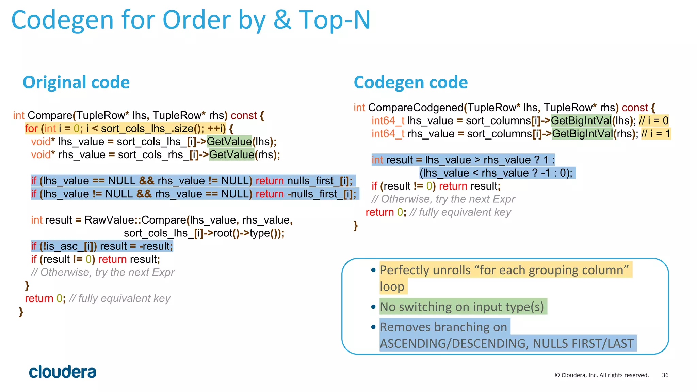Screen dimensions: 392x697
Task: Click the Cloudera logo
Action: tap(62, 372)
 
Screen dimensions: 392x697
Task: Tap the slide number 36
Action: tap(665, 375)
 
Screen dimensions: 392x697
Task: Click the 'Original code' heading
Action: tap(76, 82)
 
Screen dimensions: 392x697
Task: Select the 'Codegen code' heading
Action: tap(411, 82)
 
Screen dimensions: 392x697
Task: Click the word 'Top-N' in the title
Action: tap(335, 20)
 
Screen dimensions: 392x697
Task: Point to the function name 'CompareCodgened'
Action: tap(416, 108)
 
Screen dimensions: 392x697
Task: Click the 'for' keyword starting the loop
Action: tap(31, 129)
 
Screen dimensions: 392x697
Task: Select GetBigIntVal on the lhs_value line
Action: tap(581, 121)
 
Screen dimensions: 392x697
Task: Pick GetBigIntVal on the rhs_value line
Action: tap(582, 134)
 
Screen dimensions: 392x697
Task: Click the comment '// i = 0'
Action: tap(653, 121)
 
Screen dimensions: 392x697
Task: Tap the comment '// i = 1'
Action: tap(655, 134)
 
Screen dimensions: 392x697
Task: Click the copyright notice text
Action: tap(602, 375)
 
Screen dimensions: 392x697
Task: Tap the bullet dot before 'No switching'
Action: tap(373, 307)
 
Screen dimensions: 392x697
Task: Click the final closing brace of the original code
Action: tap(21, 312)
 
